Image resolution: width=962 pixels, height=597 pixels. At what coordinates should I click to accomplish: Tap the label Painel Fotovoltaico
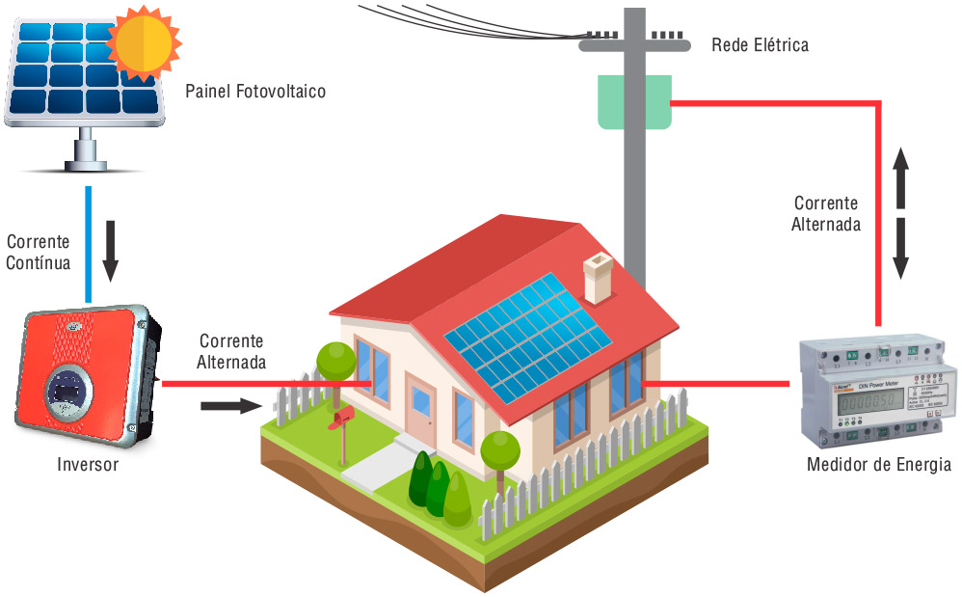tap(254, 93)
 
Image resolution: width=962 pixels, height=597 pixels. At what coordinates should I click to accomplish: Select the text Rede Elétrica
tap(760, 44)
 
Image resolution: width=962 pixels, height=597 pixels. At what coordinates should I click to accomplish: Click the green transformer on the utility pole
tap(633, 100)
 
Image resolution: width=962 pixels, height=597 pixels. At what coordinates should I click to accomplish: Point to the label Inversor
tap(88, 465)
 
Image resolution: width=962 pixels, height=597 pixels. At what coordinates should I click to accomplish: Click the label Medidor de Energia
tap(878, 465)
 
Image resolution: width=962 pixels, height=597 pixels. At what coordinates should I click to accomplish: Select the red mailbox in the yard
tap(341, 416)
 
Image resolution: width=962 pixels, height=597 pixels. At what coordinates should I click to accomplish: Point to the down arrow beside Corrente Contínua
tap(110, 250)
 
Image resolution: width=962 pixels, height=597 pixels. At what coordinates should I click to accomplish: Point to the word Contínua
tap(39, 261)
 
